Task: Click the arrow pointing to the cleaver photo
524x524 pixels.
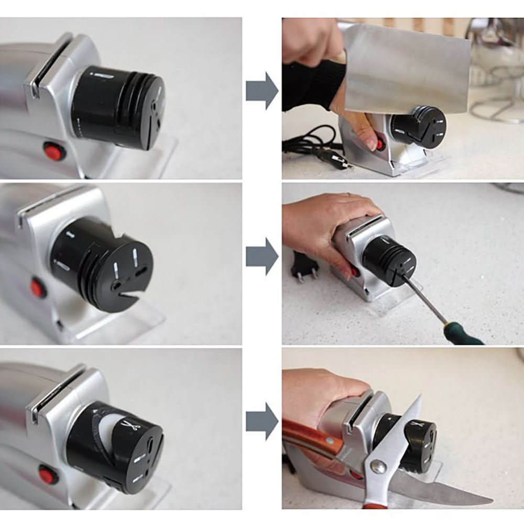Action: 261,91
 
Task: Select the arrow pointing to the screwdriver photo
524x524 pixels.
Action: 261,256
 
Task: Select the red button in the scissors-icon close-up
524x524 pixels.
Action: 49,475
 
